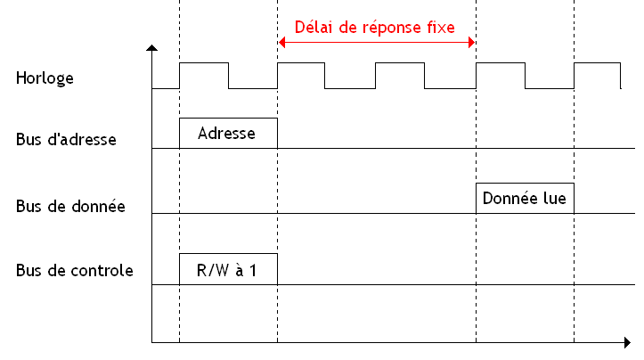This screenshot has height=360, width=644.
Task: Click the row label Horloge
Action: point(45,78)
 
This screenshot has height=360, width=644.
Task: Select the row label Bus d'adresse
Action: point(66,140)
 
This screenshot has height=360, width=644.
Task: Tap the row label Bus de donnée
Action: point(69,206)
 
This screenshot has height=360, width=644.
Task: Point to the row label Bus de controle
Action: point(74,270)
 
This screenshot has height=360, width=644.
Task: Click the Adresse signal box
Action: point(228,133)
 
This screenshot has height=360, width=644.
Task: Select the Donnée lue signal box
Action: point(525,198)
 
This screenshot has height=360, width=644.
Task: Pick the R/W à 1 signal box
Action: point(228,269)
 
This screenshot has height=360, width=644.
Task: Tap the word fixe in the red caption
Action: point(437,27)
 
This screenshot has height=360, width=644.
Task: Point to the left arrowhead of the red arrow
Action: point(281,43)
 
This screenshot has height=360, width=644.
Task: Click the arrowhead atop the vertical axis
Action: point(152,47)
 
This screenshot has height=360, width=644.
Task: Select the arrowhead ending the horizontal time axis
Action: point(627,342)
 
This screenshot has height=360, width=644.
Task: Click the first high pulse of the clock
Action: point(204,64)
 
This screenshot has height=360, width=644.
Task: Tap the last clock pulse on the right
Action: point(597,64)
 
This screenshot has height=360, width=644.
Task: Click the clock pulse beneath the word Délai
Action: point(302,64)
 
